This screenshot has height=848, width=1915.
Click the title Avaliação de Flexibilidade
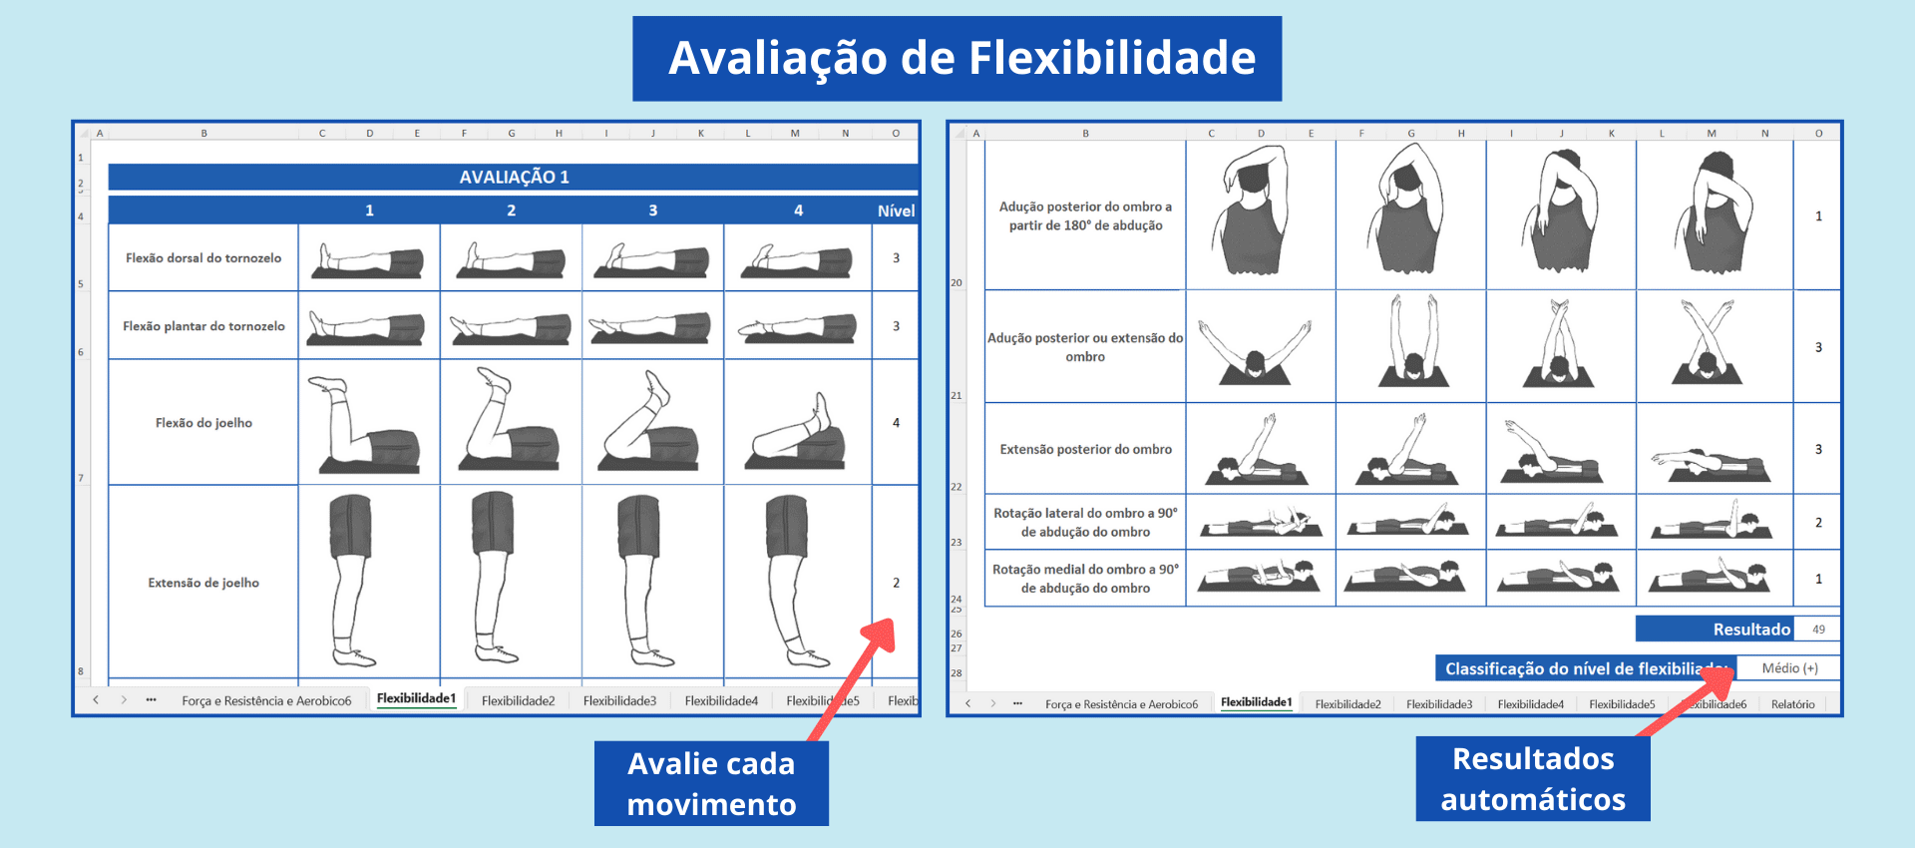960,58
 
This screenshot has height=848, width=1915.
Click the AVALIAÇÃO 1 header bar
514,177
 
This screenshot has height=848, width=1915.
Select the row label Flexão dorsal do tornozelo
203,257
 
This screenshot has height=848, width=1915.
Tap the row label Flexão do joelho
203,423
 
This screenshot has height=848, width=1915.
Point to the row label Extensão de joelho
203,583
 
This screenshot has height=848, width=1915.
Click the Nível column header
896,211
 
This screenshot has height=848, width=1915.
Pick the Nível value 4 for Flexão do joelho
896,423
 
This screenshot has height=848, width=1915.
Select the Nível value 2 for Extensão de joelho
896,583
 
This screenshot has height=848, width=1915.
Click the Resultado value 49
1818,630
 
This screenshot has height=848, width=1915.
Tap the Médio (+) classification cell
1789,668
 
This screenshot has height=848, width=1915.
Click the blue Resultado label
1716,630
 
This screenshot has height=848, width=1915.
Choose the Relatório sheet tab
1792,704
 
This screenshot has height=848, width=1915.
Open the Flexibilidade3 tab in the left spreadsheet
619,701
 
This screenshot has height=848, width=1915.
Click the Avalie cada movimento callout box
711,783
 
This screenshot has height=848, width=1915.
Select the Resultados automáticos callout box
1533,779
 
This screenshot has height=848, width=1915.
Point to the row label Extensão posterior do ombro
1085,450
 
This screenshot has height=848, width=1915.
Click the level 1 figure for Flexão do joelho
368,423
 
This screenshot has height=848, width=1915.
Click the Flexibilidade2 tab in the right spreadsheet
1347,704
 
